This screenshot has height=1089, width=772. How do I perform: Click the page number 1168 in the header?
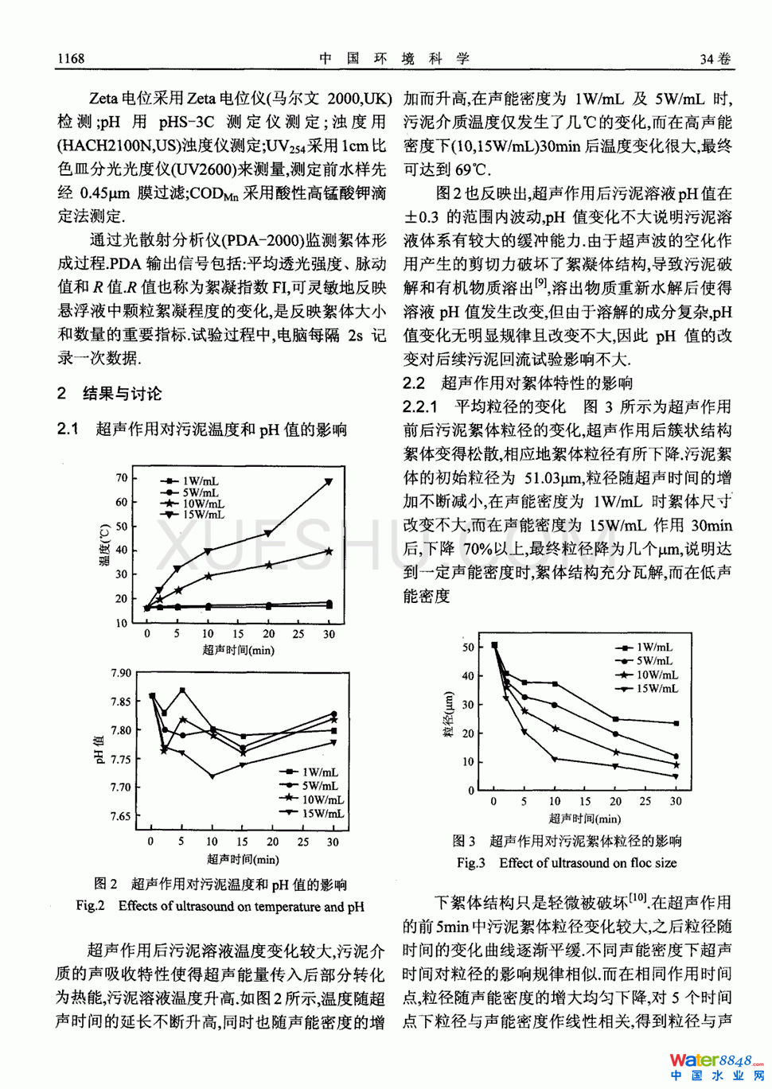[x=72, y=58]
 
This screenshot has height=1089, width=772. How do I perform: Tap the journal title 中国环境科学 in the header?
[x=394, y=58]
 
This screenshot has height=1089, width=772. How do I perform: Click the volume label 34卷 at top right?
[x=715, y=58]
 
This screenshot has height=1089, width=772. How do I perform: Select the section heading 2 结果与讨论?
[x=109, y=393]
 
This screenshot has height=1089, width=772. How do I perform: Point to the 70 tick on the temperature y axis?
[x=122, y=477]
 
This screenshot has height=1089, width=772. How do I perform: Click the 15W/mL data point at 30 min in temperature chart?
[x=329, y=482]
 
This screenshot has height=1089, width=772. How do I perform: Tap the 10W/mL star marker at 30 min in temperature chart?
[x=329, y=551]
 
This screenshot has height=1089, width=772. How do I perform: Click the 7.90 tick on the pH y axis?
[x=121, y=673]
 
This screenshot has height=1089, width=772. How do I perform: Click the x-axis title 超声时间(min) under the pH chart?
[x=243, y=859]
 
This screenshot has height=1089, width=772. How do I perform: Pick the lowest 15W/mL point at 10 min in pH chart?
[x=212, y=776]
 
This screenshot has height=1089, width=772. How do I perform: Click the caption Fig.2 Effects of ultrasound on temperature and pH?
[x=220, y=906]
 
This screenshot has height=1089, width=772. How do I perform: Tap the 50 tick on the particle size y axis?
[x=468, y=647]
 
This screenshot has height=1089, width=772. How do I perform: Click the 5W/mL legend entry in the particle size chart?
[x=653, y=661]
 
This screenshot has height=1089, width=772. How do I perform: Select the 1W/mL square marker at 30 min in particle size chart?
[x=676, y=723]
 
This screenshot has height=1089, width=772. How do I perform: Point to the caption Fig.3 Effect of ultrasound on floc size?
[x=567, y=862]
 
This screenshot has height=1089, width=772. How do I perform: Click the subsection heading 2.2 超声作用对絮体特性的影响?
[x=518, y=383]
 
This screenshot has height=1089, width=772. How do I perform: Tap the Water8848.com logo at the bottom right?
[x=715, y=1067]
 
